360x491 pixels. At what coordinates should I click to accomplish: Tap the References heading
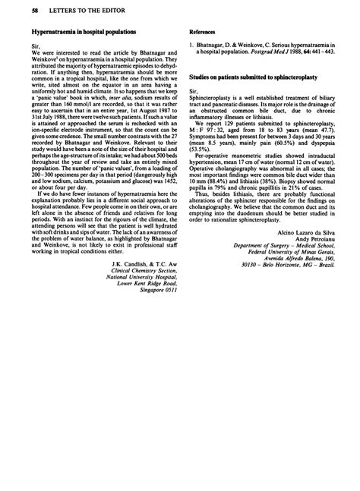pos(203,34)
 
